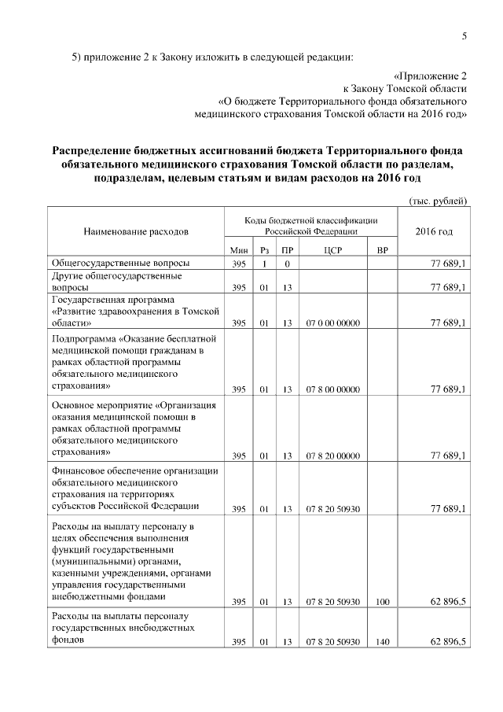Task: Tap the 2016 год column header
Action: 434,233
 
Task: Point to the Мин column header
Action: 240,250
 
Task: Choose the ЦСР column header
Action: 332,250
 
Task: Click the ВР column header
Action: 383,250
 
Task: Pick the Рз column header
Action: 265,250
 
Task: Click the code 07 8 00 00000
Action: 332,389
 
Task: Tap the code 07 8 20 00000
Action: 332,456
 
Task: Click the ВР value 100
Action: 383,602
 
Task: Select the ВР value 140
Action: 383,643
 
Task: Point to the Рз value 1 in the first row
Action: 265,264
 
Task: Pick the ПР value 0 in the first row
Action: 288,264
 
